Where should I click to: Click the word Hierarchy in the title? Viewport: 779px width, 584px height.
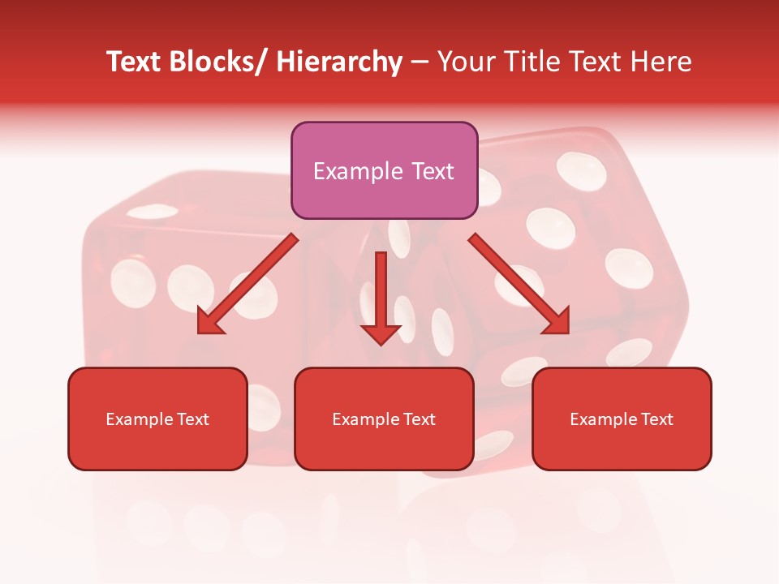point(339,62)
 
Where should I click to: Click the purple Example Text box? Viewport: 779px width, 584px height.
point(384,170)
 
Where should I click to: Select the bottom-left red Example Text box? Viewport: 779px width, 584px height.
point(157,419)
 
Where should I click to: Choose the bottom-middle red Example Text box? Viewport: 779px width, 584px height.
point(384,419)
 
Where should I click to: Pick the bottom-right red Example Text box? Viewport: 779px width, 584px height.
point(622,419)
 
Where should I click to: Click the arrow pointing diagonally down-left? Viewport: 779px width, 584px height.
point(247,284)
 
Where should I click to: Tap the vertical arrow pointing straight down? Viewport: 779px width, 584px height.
point(381,296)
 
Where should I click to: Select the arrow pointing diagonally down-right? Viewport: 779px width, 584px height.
point(519,284)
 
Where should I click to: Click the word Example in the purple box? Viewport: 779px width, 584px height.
point(358,171)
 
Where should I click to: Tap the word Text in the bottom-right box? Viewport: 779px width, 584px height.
point(656,419)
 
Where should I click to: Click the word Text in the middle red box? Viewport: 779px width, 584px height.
point(418,419)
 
